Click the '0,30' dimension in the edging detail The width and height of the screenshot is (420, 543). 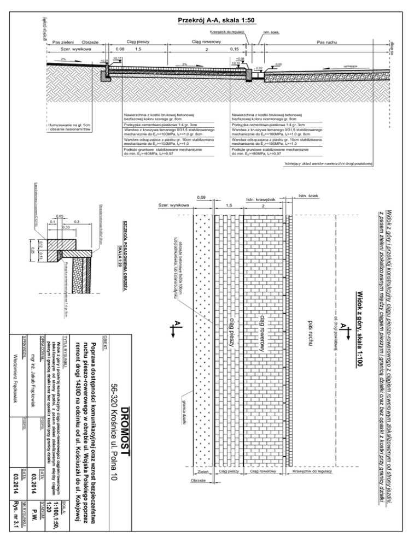click(x=65, y=227)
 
